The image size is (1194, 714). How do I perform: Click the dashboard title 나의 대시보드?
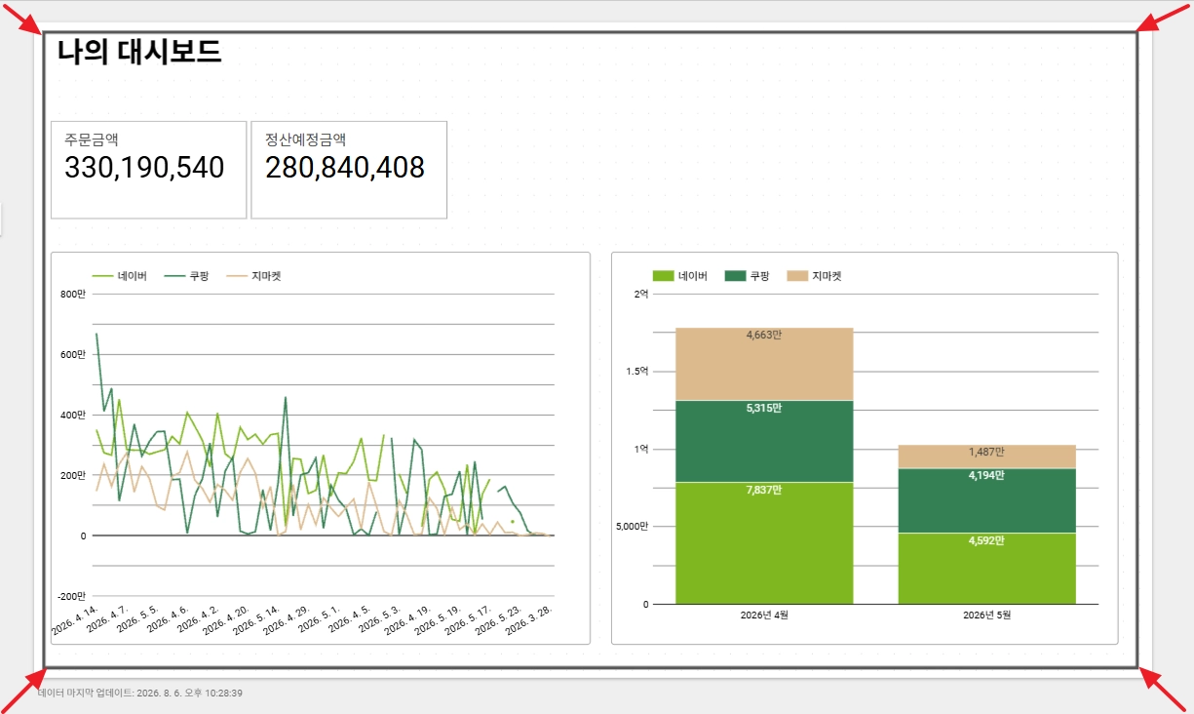(139, 52)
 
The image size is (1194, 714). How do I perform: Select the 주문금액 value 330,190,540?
(144, 168)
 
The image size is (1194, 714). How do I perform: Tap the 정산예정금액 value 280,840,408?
(345, 168)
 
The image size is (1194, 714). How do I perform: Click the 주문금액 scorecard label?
(92, 139)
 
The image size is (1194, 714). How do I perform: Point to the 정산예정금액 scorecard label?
(305, 139)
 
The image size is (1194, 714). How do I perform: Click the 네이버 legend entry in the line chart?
(120, 276)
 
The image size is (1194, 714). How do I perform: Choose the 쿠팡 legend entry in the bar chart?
(748, 276)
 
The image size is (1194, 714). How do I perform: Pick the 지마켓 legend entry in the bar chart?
(815, 276)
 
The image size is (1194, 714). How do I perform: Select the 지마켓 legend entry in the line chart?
(253, 276)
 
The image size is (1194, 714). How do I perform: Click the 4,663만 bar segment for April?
(764, 364)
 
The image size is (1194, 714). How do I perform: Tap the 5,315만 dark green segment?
(764, 442)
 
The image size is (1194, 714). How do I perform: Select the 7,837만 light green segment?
(764, 543)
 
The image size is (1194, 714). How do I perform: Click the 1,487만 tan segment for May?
(987, 457)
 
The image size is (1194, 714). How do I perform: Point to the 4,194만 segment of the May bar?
(987, 500)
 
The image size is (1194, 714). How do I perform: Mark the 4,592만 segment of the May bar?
(987, 569)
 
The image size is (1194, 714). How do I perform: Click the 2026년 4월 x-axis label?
(764, 615)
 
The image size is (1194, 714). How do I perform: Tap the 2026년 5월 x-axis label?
(987, 615)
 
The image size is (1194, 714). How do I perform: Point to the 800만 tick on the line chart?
(73, 294)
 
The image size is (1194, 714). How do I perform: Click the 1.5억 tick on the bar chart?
(637, 371)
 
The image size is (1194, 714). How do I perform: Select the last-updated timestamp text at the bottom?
(140, 693)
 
